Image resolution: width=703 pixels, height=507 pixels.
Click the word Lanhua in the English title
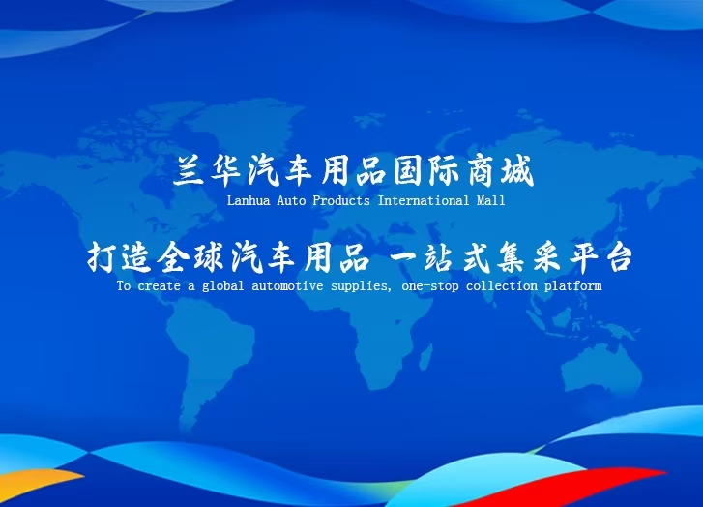pos(249,200)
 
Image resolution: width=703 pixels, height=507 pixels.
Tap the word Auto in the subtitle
pos(291,200)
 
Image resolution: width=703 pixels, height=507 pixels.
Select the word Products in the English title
pos(341,200)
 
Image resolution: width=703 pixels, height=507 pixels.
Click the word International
pos(424,200)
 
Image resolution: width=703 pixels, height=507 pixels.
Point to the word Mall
pos(490,200)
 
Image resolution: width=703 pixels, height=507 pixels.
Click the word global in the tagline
pos(222,286)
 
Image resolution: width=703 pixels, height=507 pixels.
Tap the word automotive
pos(287,285)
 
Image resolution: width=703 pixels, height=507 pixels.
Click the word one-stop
pos(430,285)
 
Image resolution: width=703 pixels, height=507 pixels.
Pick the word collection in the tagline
pos(502,285)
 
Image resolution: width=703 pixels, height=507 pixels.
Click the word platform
pos(573,286)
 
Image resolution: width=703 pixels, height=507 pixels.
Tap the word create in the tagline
pos(159,285)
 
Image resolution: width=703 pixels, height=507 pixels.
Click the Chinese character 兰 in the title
pos(189,170)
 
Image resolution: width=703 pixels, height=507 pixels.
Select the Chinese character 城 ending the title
pos(517,170)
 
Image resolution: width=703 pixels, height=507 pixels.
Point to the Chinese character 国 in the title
pos(407,170)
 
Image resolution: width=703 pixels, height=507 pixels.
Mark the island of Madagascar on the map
pos(426,357)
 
